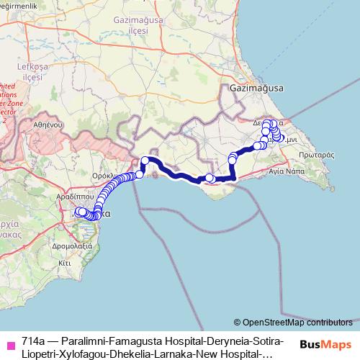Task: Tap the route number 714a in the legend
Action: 34,340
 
